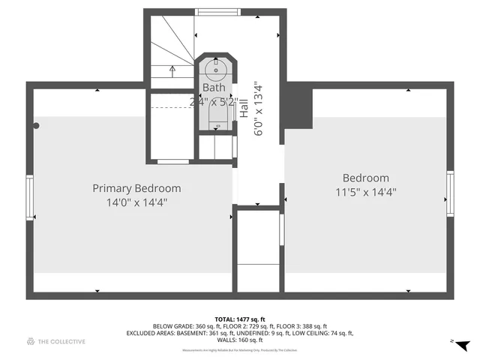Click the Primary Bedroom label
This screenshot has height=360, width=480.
click(x=136, y=188)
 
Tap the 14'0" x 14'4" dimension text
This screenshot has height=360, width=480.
click(x=136, y=202)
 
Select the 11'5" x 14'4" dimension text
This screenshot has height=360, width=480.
click(x=365, y=191)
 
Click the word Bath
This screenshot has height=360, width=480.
click(x=212, y=88)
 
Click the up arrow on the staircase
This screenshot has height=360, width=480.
click(x=173, y=70)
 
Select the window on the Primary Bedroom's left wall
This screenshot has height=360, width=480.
click(x=30, y=197)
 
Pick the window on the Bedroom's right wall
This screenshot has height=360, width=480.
click(x=450, y=193)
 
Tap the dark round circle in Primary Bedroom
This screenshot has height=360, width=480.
click(x=35, y=126)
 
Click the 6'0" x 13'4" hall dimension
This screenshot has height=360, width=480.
click(x=259, y=109)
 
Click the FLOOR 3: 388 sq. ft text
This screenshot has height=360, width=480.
click(x=313, y=326)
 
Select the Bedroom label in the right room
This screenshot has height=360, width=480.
click(x=365, y=178)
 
